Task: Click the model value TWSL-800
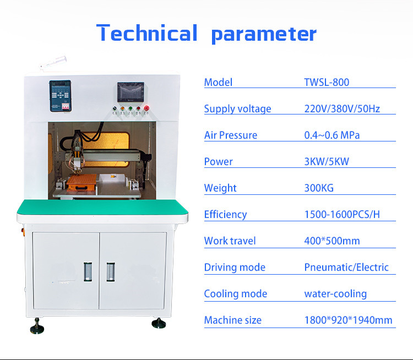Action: [327, 83]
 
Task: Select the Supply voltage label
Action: [237, 109]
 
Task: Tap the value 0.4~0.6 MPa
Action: [332, 135]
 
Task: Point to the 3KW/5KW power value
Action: [327, 162]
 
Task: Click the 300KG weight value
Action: [319, 188]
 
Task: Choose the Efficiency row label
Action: [225, 215]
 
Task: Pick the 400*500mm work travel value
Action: [332, 241]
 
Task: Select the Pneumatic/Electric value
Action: [346, 268]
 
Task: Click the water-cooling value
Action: [335, 294]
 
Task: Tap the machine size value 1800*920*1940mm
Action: [348, 320]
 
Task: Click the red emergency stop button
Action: [146, 108]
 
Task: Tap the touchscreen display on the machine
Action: [131, 92]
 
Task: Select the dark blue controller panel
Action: [61, 96]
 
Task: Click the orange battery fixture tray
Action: [81, 182]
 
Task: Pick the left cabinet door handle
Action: [88, 272]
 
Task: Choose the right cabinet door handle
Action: [111, 272]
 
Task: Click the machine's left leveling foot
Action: [37, 326]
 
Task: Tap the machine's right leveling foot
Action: [159, 323]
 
